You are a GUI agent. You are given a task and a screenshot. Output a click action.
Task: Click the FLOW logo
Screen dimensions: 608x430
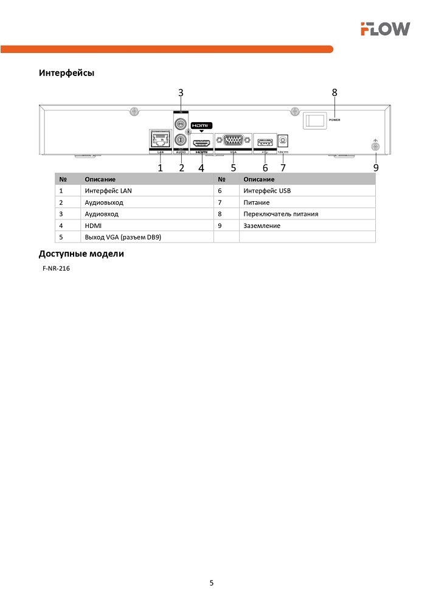pos(384,29)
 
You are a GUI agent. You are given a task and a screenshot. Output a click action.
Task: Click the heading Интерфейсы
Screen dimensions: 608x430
pos(66,73)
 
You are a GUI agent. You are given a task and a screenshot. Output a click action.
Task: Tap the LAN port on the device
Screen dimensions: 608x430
pos(160,139)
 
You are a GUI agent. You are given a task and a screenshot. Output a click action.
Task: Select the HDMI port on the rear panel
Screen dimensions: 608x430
pos(201,144)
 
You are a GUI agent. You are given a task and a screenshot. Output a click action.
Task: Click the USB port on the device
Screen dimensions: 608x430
pos(265,142)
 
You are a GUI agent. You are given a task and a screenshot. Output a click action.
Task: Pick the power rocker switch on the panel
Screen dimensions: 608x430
pos(314,120)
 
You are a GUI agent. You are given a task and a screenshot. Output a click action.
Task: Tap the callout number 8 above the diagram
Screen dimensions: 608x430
pos(335,92)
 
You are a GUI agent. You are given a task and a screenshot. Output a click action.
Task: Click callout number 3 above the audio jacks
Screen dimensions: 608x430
pos(181,92)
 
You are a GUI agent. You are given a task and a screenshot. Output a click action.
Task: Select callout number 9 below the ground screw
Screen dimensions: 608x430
pos(376,167)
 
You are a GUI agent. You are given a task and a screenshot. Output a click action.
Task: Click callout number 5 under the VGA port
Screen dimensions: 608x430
pos(233,167)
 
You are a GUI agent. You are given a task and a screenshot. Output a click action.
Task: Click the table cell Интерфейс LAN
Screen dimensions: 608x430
pos(108,191)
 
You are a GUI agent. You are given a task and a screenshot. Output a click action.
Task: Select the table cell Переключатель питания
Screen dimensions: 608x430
pos(280,214)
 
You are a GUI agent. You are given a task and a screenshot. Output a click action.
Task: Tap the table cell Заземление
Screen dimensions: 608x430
pos(262,226)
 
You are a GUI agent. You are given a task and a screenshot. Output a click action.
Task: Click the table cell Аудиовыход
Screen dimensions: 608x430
pos(104,202)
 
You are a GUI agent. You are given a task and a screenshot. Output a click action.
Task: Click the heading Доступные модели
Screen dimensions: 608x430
pos(81,254)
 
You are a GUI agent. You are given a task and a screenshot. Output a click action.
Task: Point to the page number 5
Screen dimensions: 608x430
pos(212,583)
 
